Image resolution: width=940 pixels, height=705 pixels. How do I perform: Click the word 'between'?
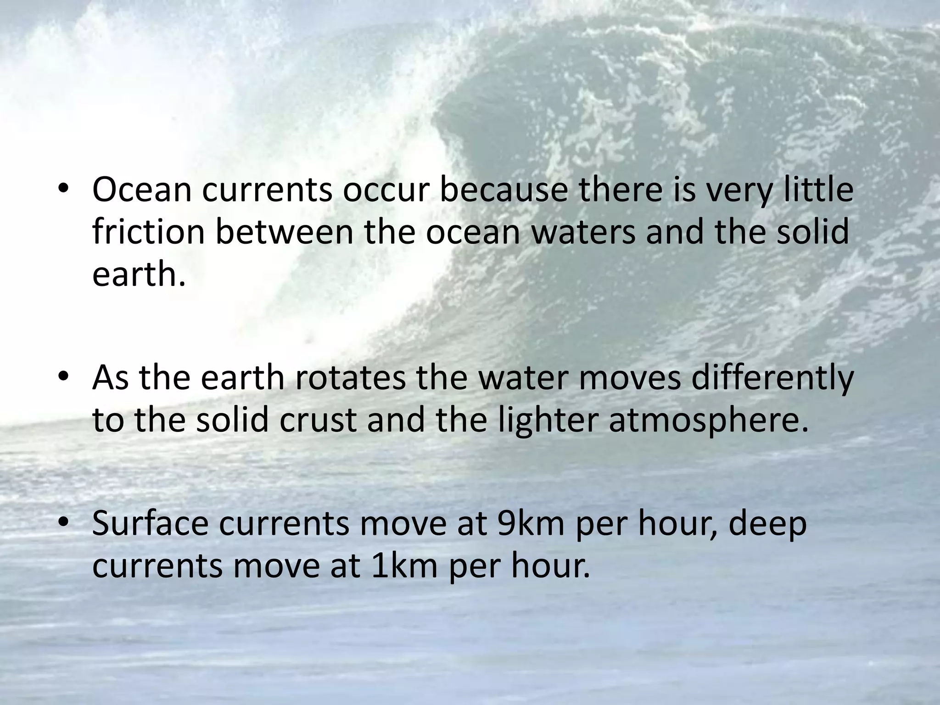tap(284, 232)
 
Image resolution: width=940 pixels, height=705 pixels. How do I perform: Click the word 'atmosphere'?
tap(707, 421)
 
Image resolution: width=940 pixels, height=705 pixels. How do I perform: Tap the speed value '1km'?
tap(404, 565)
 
